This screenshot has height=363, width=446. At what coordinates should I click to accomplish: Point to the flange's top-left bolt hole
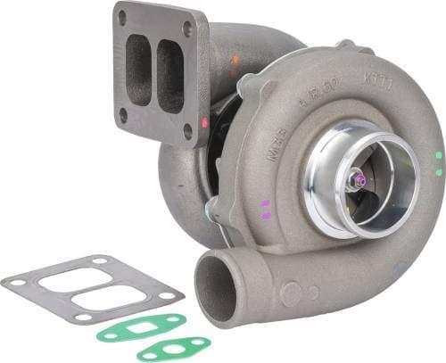[122, 17]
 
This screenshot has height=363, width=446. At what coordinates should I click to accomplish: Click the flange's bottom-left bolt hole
[123, 114]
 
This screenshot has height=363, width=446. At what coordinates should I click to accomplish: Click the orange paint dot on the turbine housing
[235, 61]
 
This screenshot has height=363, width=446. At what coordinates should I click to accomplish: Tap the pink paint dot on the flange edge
[204, 121]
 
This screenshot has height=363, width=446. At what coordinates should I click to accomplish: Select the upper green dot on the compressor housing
[438, 154]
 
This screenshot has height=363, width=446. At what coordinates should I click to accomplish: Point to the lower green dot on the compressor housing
[438, 170]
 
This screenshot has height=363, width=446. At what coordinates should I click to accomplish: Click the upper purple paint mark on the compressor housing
[265, 203]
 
